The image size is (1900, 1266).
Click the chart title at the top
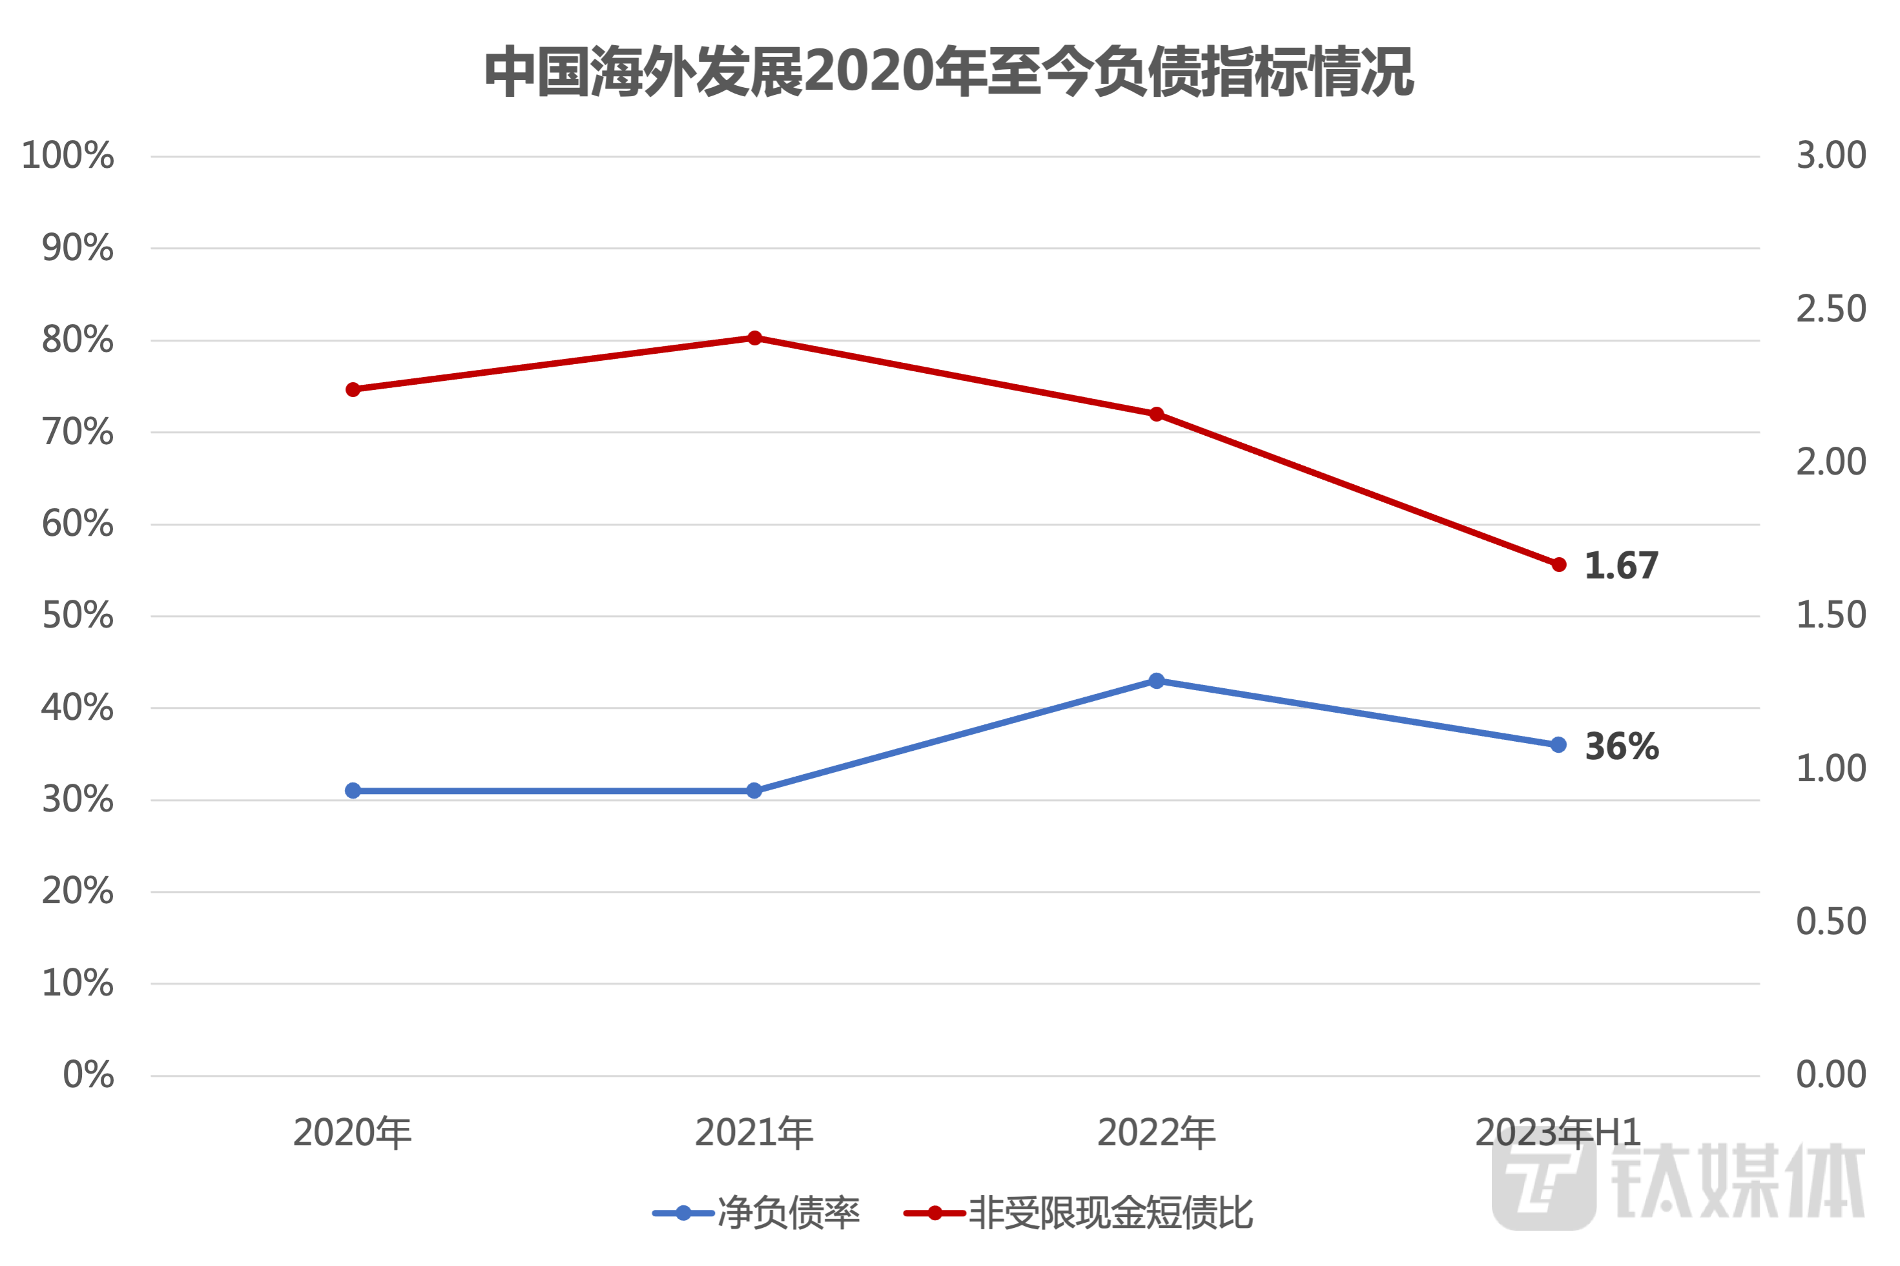tap(949, 73)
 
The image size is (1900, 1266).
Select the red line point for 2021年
tap(754, 338)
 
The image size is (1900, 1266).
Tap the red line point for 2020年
tap(353, 390)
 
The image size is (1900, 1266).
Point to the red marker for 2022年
tap(1156, 415)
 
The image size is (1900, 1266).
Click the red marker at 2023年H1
tap(1558, 565)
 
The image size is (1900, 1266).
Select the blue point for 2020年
tap(353, 790)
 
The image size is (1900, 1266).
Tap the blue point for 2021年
tap(754, 790)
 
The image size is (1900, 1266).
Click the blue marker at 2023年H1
tap(1558, 745)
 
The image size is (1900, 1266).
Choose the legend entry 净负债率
tap(757, 1214)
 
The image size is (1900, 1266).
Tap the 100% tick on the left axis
tap(68, 156)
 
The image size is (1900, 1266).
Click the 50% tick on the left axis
tap(77, 617)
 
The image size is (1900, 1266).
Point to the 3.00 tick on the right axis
tap(1830, 156)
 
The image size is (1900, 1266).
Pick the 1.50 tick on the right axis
tap(1830, 616)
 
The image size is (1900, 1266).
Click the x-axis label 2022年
tap(1156, 1134)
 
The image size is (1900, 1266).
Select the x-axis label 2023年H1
tap(1558, 1134)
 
